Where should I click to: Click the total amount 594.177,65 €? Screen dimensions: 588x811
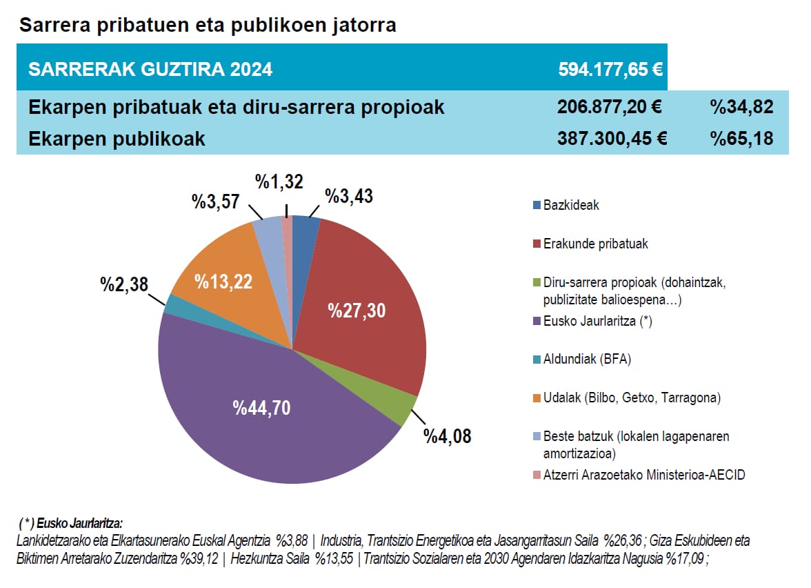tap(610, 69)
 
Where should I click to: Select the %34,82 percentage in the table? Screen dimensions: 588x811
tap(741, 107)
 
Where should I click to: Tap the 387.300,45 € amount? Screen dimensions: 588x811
tap(611, 139)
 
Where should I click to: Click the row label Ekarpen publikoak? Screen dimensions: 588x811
tap(117, 139)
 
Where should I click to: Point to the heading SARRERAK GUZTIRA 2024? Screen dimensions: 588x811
tap(150, 70)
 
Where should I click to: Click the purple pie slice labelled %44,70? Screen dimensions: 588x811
tap(262, 407)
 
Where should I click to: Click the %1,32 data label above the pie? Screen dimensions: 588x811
tap(279, 182)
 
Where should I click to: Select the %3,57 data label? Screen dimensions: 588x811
tap(215, 202)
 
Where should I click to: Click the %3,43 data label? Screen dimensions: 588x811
tap(348, 197)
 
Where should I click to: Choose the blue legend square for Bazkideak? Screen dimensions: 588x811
tap(537, 206)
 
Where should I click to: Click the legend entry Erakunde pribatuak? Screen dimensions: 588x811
tap(595, 244)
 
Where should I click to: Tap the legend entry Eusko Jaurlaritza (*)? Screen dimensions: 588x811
tap(597, 321)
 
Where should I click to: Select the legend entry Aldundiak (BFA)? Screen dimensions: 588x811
tap(587, 360)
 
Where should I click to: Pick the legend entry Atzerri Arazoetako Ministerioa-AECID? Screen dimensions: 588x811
tap(644, 475)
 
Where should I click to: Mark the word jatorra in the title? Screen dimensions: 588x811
tap(362, 26)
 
